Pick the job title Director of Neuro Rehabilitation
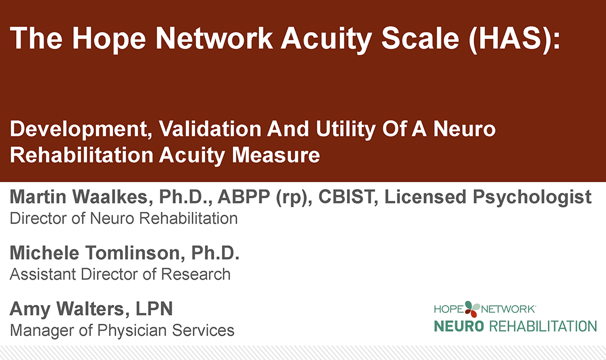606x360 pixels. point(124,218)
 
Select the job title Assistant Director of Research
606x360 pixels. point(120,274)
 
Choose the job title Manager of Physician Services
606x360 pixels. point(122,330)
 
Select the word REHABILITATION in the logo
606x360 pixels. point(543,326)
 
